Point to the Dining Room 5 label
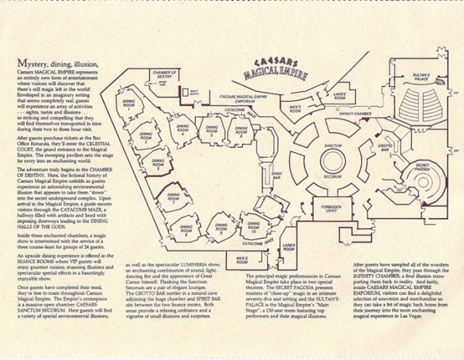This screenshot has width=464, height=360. pyautogui.click(x=212, y=133)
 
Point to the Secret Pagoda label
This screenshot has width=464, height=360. pyautogui.click(x=423, y=168)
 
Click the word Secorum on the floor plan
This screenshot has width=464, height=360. pyautogui.click(x=332, y=176)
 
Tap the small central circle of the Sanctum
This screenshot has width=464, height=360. pyautogui.click(x=332, y=161)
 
